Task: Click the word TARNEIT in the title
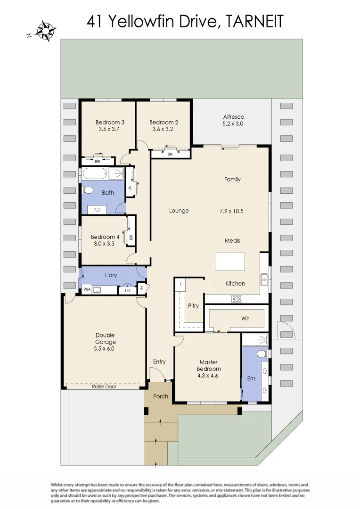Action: coord(254,21)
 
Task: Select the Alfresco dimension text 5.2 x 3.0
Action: coord(233,124)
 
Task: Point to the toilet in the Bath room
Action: coord(87,190)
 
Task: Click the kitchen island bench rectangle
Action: coord(230,262)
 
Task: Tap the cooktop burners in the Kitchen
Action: coord(237,298)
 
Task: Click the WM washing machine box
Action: coord(87,290)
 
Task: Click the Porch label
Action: coord(161,396)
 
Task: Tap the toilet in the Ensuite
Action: coord(262,354)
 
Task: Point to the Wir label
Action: coord(245,319)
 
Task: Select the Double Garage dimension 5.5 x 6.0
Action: coord(105,349)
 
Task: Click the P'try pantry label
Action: coord(193,306)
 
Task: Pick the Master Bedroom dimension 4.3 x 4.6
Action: coord(208,376)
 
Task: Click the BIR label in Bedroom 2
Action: coord(170,154)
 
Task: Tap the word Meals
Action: coord(232,240)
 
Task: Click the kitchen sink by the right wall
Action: coord(265,279)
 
